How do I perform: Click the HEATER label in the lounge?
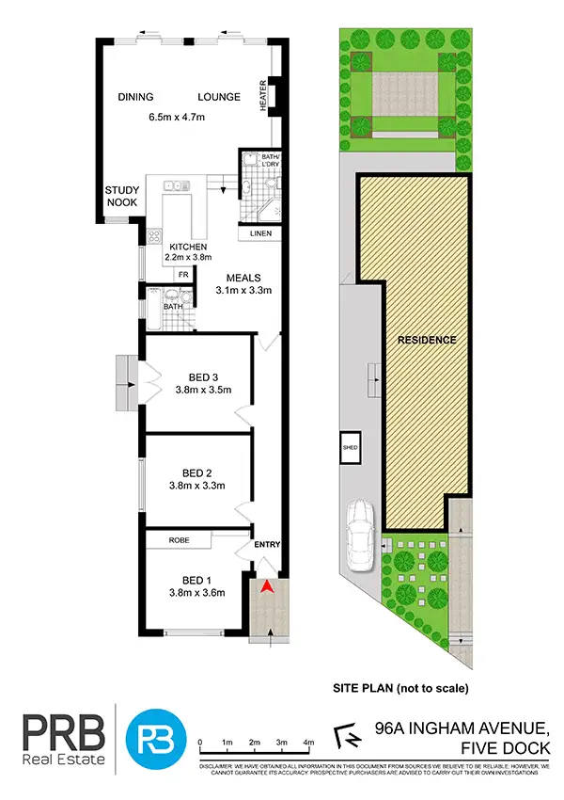[x=263, y=94]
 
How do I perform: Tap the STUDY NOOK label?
[x=122, y=195]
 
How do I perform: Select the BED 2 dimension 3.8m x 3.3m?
[x=203, y=486]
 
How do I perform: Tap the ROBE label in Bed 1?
[x=180, y=541]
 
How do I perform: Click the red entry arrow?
[x=267, y=588]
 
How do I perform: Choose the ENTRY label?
[x=267, y=545]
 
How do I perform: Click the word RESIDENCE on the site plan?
[x=426, y=340]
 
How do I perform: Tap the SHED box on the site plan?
[x=352, y=448]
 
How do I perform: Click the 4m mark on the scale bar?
[x=308, y=743]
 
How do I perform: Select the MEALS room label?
[x=243, y=278]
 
